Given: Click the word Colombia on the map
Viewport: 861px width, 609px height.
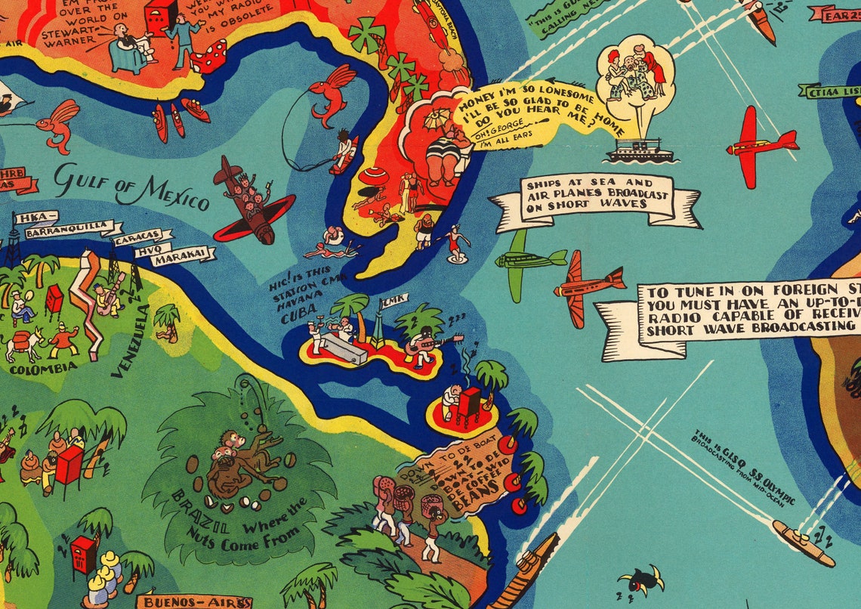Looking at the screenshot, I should click(49, 367).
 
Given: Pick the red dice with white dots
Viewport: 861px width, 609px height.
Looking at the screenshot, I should click(208, 57).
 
